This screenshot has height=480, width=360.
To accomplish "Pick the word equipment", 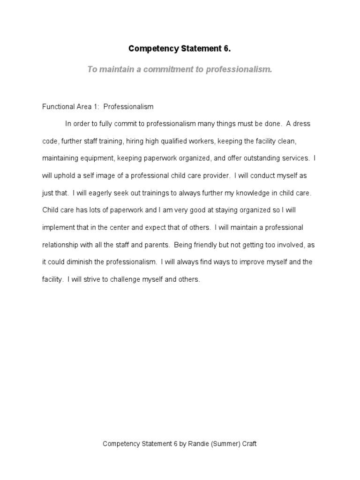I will (x=97, y=158).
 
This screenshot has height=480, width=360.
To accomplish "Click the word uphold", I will (x=65, y=176).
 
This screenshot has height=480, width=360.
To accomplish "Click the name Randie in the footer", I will (x=199, y=444).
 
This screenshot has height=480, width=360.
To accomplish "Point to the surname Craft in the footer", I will (x=250, y=444).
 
